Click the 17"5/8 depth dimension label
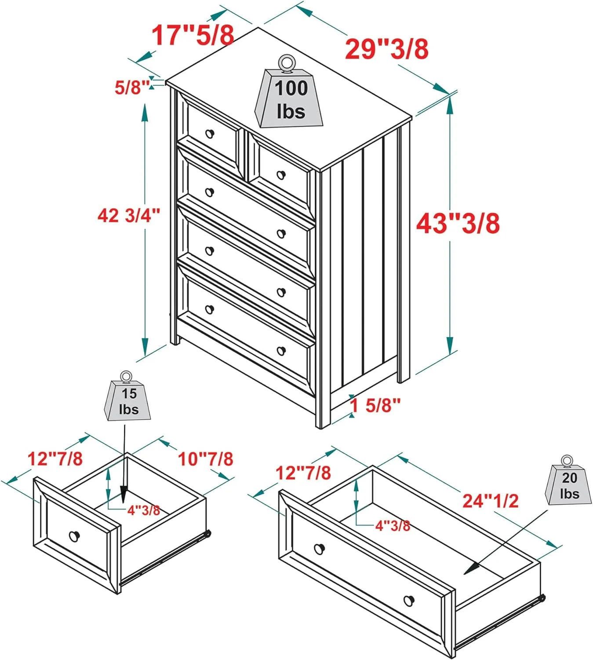click(x=193, y=35)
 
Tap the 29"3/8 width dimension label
click(x=386, y=49)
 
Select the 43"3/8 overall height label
click(x=458, y=224)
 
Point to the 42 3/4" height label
click(x=128, y=216)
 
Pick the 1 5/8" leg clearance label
click(x=375, y=405)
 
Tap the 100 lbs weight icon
click(x=289, y=92)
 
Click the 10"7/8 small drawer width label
click(x=205, y=459)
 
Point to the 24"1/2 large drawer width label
click(x=491, y=501)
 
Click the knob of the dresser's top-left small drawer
click(x=210, y=134)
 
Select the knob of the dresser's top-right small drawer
click(x=281, y=175)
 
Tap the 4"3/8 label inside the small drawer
click(x=144, y=510)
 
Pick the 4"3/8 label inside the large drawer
click(x=393, y=526)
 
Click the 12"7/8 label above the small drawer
click(x=55, y=458)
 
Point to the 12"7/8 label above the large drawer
click(x=303, y=473)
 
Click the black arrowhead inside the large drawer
click(x=471, y=568)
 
